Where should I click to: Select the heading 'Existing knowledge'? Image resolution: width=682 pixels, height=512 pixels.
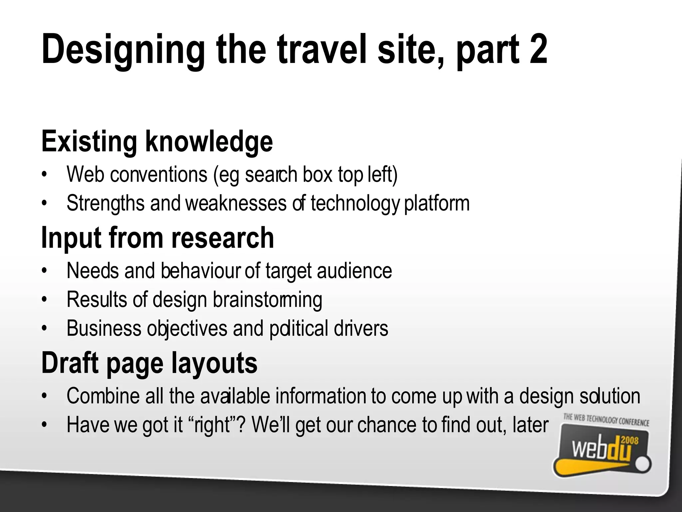tap(157, 141)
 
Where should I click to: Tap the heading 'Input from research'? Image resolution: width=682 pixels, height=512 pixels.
tap(158, 238)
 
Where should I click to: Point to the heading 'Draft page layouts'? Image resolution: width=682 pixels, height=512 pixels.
tap(149, 363)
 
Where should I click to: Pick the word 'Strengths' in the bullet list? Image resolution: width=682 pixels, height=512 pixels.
tap(106, 203)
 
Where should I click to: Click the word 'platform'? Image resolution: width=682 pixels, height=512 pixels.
tap(437, 203)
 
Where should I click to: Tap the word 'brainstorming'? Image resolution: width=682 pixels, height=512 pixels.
tap(267, 299)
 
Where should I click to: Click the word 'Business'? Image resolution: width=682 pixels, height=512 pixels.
tap(104, 328)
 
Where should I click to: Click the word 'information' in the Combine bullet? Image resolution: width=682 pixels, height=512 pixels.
tap(321, 396)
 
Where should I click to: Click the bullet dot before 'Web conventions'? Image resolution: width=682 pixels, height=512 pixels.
tap(43, 175)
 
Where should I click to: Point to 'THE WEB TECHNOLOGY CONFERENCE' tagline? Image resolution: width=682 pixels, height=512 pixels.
tap(606, 420)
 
